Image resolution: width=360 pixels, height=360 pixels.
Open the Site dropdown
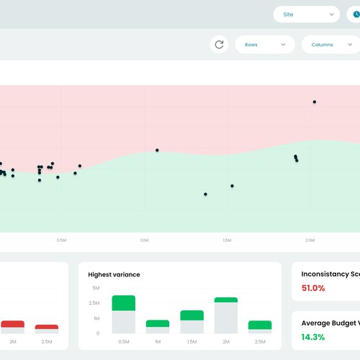click(306, 14)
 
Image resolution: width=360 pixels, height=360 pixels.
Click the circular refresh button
click(220, 45)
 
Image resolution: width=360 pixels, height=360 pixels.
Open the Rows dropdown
click(264, 45)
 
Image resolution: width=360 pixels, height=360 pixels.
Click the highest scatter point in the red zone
click(314, 102)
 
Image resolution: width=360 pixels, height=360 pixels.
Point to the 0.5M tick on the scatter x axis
click(62, 240)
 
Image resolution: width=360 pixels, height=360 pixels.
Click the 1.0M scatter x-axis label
click(144, 240)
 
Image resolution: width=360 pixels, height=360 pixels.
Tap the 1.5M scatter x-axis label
click(227, 240)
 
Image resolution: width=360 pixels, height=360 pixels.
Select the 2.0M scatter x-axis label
click(310, 240)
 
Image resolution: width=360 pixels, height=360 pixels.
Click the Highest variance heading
click(114, 274)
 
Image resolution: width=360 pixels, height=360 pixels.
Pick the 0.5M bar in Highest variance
click(123, 314)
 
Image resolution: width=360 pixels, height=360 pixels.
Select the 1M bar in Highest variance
click(157, 326)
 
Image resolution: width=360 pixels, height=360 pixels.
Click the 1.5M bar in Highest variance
click(192, 322)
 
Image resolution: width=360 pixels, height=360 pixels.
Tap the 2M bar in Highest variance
click(225, 315)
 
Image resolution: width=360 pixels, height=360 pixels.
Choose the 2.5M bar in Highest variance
click(260, 326)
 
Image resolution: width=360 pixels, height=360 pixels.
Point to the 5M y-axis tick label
click(95, 288)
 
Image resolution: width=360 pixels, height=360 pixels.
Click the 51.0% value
click(313, 288)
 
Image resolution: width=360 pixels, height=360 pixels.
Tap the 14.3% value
click(313, 337)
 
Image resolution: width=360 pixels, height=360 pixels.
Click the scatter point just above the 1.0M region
click(157, 150)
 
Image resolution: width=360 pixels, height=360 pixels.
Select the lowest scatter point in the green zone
click(205, 194)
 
